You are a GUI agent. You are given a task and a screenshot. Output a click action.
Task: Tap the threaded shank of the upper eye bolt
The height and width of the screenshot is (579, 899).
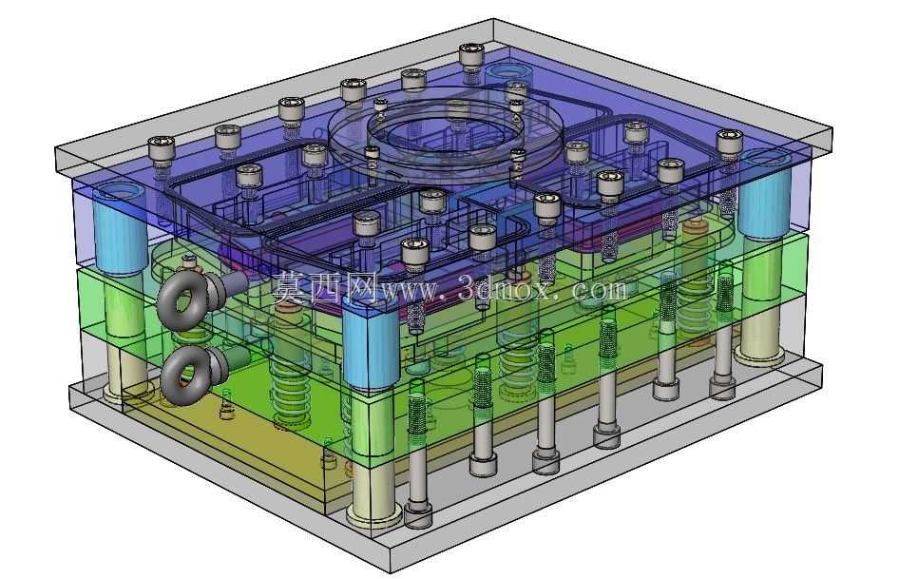(x=226, y=285)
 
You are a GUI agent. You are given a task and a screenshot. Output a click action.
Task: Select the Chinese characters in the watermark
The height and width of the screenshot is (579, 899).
(x=325, y=287)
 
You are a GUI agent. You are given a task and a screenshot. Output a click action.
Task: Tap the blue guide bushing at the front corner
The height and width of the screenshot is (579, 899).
(x=371, y=344)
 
